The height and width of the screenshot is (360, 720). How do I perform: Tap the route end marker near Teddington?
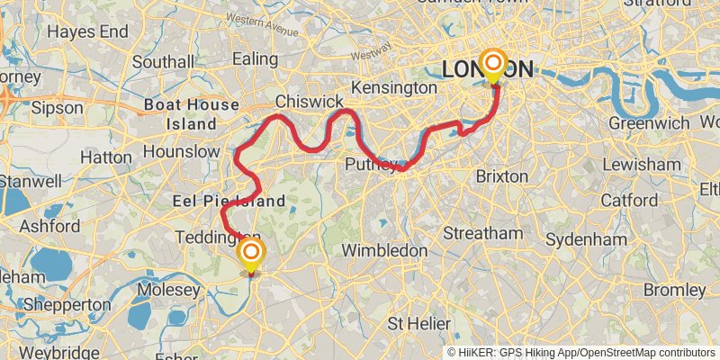click(x=251, y=254)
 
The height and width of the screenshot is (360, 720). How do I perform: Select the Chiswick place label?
click(x=310, y=101)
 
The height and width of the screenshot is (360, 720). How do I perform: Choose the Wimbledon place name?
click(x=385, y=249)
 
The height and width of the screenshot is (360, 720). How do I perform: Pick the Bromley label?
click(x=675, y=290)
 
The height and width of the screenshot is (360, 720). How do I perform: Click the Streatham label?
click(x=483, y=233)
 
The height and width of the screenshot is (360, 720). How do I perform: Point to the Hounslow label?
click(x=182, y=151)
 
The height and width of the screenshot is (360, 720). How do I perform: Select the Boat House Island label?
click(x=193, y=114)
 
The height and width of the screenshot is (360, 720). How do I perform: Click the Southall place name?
click(x=163, y=62)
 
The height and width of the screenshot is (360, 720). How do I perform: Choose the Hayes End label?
click(x=87, y=31)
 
